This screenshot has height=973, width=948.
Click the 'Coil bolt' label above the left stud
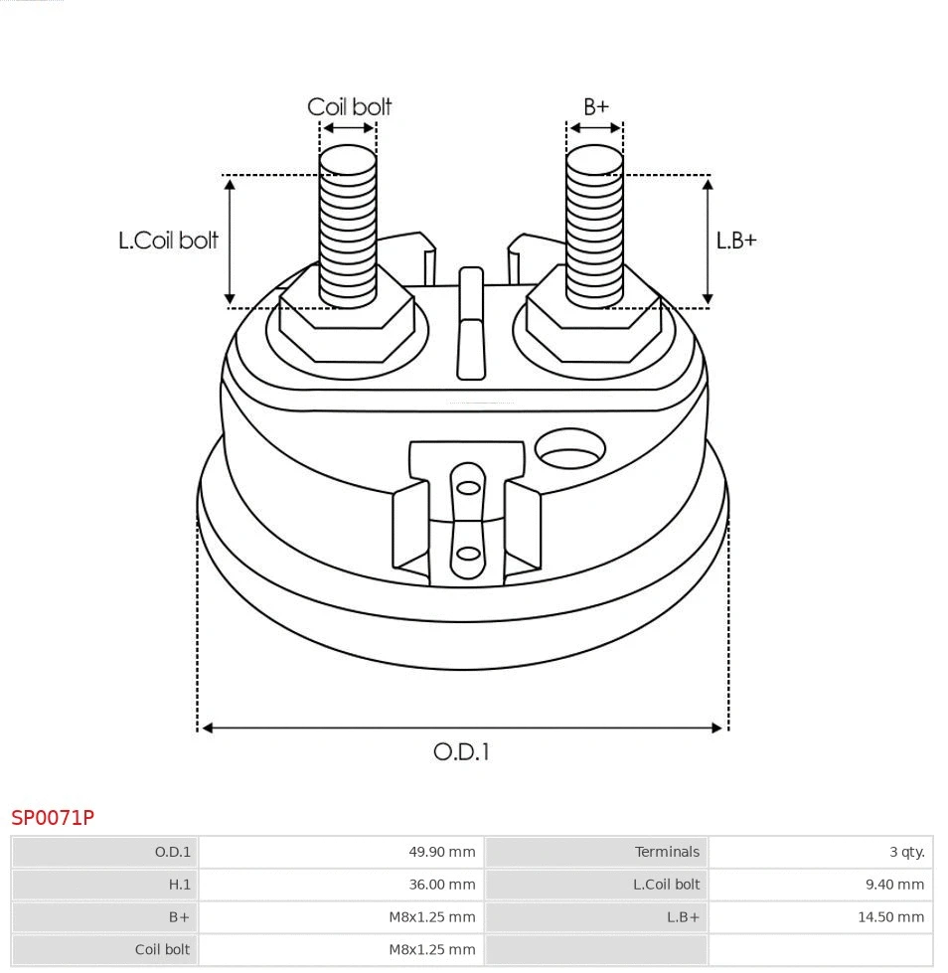coord(349,106)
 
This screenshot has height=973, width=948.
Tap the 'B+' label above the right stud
coord(595,106)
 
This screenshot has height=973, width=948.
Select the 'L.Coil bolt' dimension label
coord(168,241)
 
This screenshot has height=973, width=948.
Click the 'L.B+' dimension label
coord(736,241)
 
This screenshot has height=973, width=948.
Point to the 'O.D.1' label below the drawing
coord(461,751)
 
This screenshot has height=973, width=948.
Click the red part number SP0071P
coord(53,818)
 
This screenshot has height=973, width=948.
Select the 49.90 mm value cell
coord(441,852)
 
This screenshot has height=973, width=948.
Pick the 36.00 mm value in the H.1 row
coord(441,885)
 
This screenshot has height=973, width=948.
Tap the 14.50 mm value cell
coord(890,917)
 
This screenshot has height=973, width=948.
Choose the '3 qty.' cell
coord(906,852)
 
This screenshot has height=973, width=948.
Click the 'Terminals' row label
coord(667,852)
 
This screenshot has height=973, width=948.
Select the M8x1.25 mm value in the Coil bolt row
coord(431,949)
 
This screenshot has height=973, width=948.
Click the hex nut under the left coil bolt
coord(347,328)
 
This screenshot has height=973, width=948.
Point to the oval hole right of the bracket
coord(569,449)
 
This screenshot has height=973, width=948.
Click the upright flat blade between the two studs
coord(470,323)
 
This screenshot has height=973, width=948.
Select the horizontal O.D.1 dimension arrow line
coord(462,728)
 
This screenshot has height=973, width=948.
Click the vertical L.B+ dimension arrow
coord(708,241)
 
